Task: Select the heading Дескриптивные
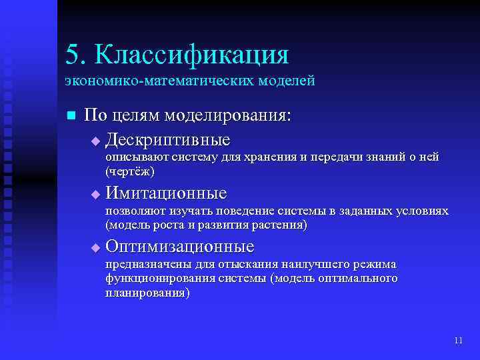[x=167, y=140]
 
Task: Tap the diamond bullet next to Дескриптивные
[x=95, y=141]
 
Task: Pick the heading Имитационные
[x=166, y=193]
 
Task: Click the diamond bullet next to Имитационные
[x=95, y=195]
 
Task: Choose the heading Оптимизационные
[x=179, y=247]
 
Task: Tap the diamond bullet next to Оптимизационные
[x=95, y=248]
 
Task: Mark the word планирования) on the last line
[x=147, y=293]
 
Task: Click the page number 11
[x=457, y=341]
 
